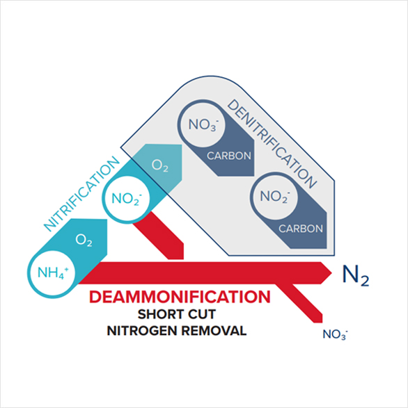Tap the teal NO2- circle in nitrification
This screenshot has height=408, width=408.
click(127, 199)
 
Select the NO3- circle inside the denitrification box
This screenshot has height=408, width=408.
click(203, 124)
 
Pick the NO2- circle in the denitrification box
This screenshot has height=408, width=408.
click(275, 197)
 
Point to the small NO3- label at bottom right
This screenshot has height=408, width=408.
click(336, 334)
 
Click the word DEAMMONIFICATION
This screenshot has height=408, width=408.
click(180, 297)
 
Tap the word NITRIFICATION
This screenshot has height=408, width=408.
click(81, 194)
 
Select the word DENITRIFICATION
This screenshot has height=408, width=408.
click(272, 144)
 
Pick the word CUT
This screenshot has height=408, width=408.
click(201, 314)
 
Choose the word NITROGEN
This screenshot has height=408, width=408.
click(142, 331)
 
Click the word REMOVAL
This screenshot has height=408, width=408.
click(214, 331)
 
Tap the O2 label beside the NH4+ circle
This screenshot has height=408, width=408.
click(84, 240)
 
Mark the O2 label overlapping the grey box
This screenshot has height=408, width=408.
click(160, 165)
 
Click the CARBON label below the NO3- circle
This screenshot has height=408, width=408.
click(229, 156)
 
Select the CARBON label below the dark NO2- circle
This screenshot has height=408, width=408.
click(301, 229)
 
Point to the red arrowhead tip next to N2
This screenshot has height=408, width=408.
click(331, 273)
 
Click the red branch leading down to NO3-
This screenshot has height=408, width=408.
click(300, 303)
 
